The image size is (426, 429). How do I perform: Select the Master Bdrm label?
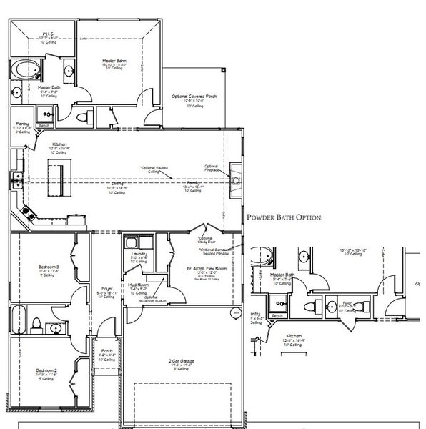coord(113,61)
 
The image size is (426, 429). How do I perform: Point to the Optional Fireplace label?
coord(212,167)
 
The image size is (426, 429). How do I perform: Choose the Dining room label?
coord(114,184)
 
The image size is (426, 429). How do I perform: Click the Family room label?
coord(193,184)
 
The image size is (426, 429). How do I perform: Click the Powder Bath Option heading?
coord(284,217)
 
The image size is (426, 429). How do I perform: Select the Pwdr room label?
coord(347,302)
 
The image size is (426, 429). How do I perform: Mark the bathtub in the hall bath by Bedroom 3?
coord(18,319)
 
